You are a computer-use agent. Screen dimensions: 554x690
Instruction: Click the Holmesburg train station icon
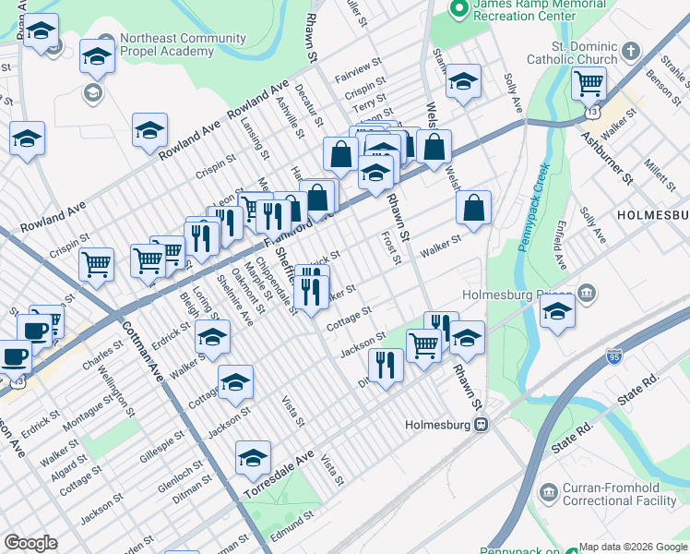point(481,425)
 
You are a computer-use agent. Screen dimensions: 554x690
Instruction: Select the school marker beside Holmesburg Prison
point(558,311)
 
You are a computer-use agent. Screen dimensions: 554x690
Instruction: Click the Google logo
point(30,543)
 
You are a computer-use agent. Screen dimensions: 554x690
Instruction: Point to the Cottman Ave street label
point(148,356)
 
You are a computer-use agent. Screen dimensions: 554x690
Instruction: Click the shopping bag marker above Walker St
point(473,209)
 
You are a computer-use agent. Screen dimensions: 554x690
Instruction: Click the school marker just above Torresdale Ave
point(254,457)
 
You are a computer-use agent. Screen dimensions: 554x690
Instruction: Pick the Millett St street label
point(660,171)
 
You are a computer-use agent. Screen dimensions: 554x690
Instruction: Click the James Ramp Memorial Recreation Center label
point(528,12)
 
